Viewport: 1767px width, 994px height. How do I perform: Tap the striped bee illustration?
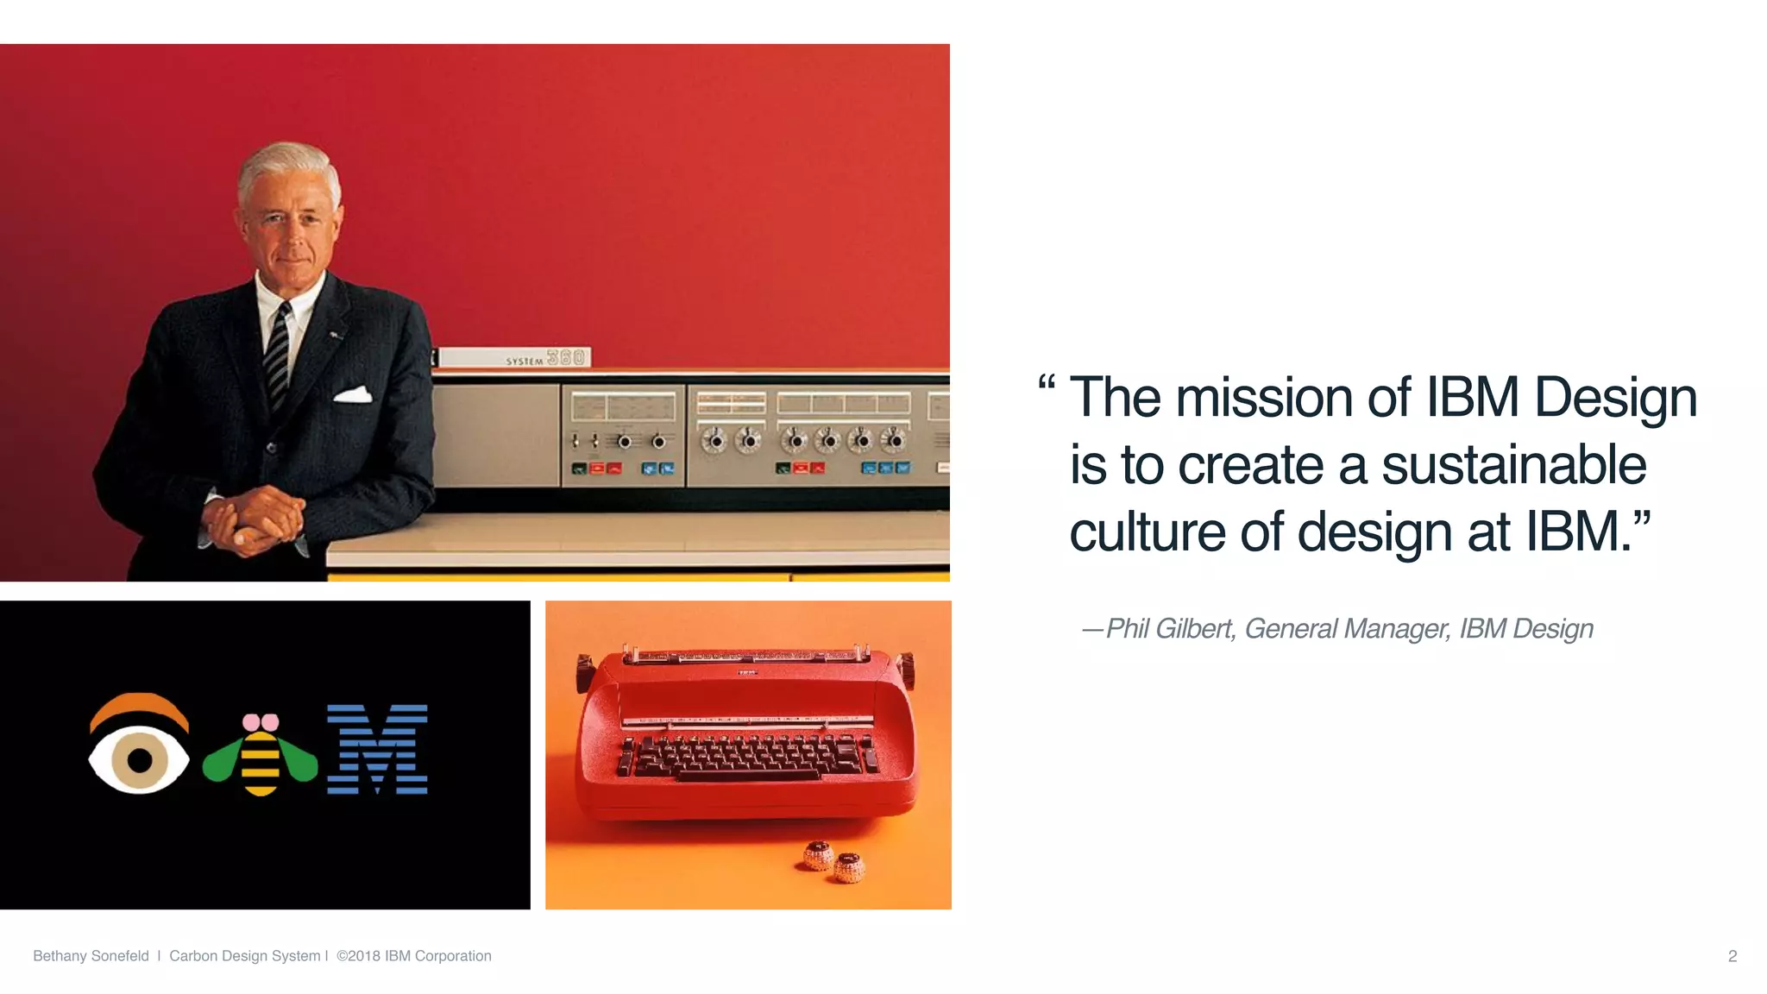(260, 757)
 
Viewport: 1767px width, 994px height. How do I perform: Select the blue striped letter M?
(377, 749)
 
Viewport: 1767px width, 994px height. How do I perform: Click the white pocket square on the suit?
(352, 395)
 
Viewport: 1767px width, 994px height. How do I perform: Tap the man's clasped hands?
(253, 519)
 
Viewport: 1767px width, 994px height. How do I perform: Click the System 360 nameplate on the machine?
(515, 358)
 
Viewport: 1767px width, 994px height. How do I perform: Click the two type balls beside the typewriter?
(833, 861)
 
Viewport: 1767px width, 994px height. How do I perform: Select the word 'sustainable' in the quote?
(1513, 465)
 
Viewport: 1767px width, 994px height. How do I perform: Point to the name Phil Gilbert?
(1169, 629)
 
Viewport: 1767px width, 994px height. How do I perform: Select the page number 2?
(1732, 956)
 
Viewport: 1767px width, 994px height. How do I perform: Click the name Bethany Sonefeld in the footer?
(91, 956)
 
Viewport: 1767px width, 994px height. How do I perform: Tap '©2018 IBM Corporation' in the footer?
(414, 956)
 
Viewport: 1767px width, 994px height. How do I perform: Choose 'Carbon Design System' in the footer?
(244, 956)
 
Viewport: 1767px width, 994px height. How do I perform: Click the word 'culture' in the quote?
(1147, 532)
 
